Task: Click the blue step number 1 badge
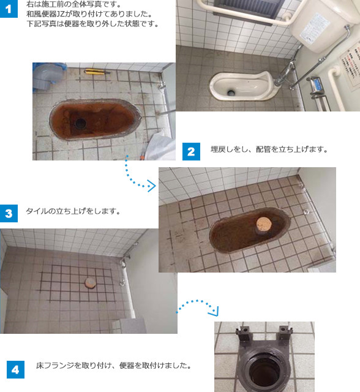(x=9, y=9)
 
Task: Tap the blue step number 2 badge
(x=191, y=151)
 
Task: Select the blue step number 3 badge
(x=9, y=214)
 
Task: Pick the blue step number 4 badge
(x=15, y=370)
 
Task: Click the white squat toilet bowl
(x=244, y=86)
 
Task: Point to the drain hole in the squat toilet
(x=231, y=92)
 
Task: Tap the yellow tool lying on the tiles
(x=97, y=72)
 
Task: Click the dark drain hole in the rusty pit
(x=80, y=123)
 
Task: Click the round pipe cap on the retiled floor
(x=90, y=283)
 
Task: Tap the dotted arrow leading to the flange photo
(x=197, y=302)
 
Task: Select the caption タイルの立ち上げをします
(x=73, y=211)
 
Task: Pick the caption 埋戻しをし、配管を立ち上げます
(x=269, y=149)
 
